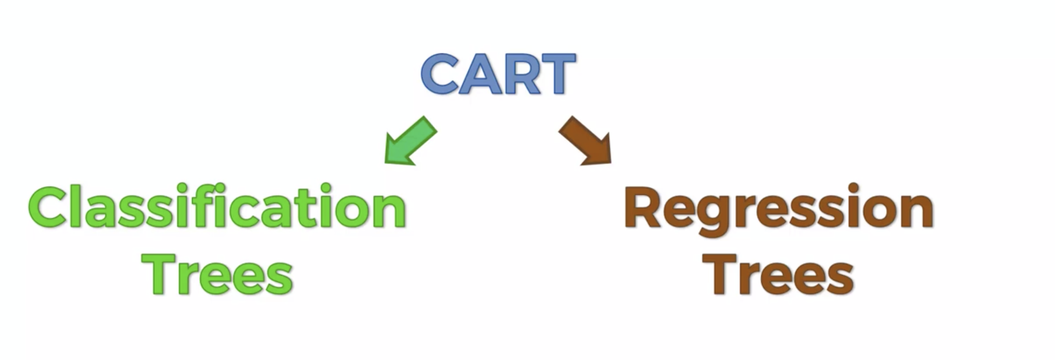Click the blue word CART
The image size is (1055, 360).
tap(498, 74)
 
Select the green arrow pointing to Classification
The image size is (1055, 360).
tap(410, 141)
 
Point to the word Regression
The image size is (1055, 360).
tap(778, 209)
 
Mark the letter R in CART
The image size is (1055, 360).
tap(520, 74)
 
